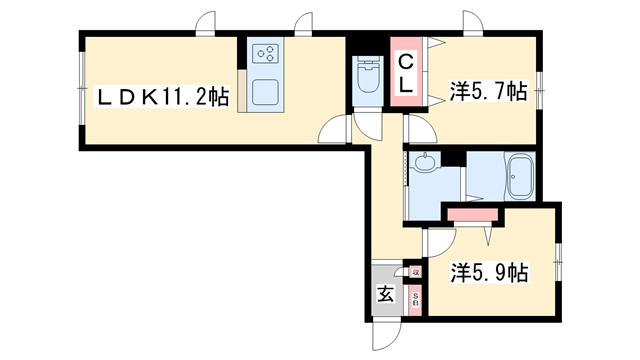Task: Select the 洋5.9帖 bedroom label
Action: click(x=489, y=272)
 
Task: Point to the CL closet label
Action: click(x=407, y=74)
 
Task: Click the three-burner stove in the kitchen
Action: click(x=267, y=56)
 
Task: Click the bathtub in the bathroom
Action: click(x=520, y=177)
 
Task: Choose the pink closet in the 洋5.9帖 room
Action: click(x=474, y=214)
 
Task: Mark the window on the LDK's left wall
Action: click(x=80, y=91)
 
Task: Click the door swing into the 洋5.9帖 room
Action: click(x=441, y=241)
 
